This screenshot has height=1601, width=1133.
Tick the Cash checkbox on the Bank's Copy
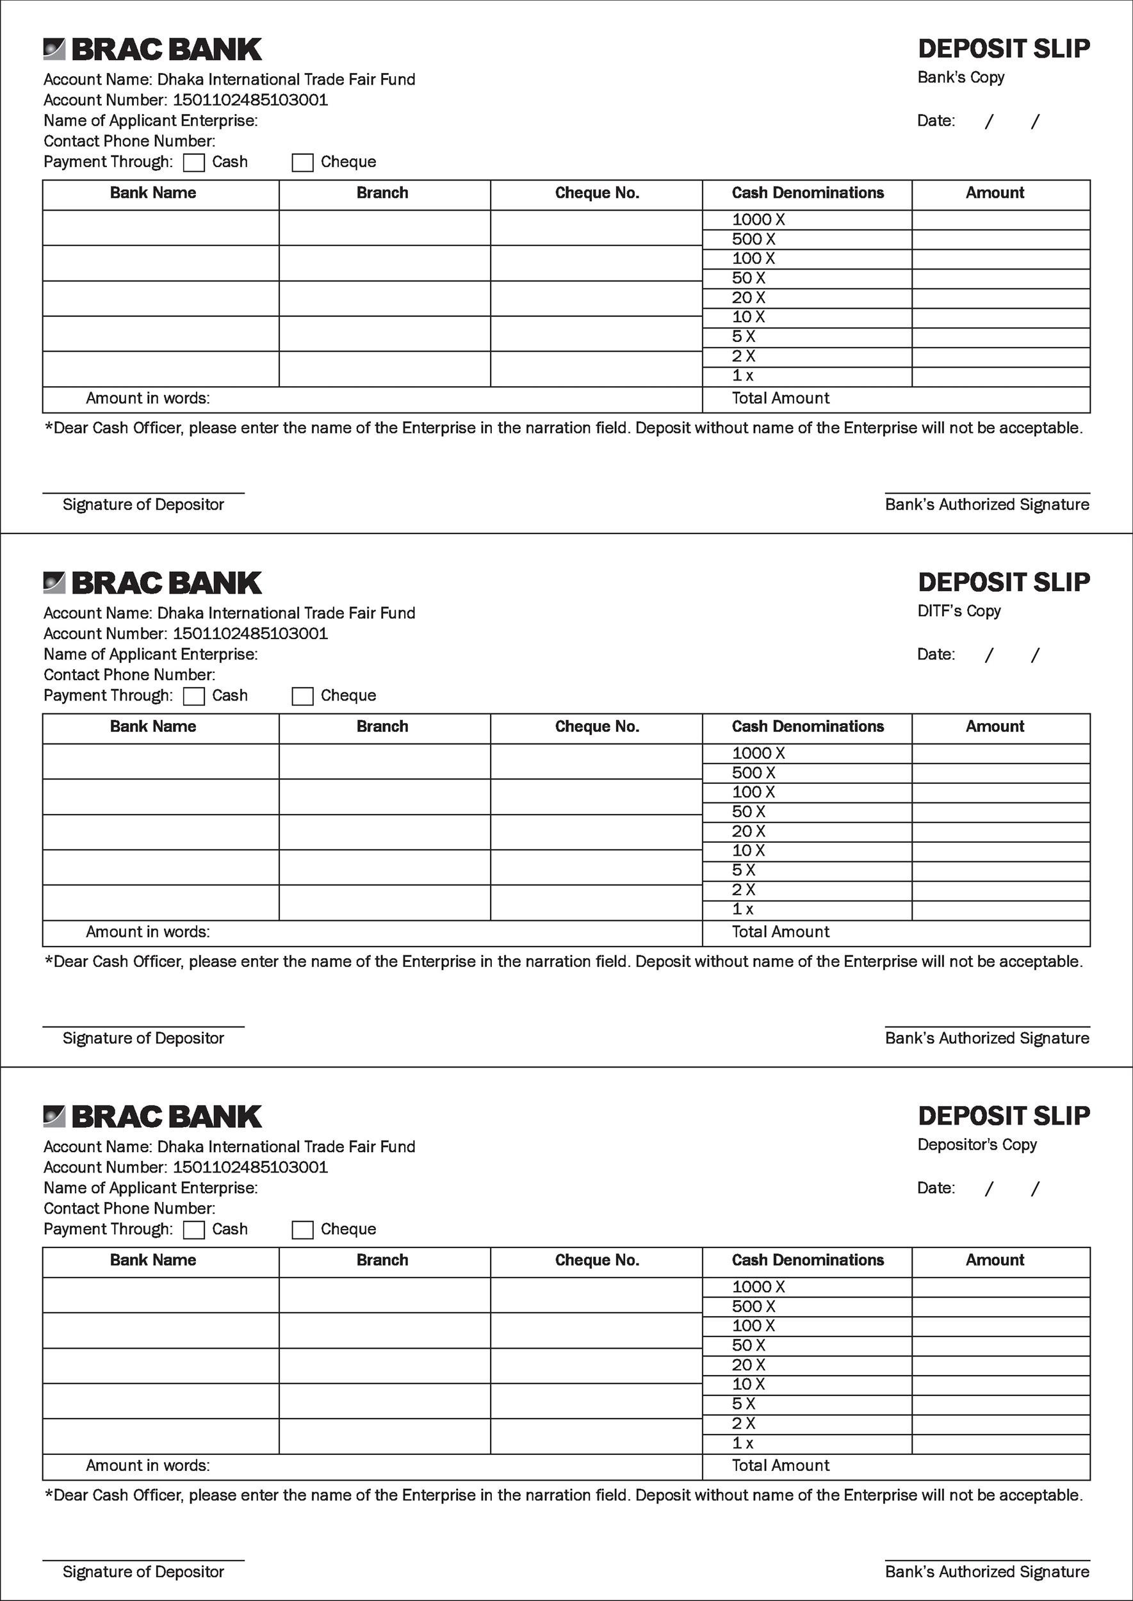(193, 163)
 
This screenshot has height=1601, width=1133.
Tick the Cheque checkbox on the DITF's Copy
(302, 696)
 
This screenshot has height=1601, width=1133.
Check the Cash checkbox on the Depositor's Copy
(193, 1230)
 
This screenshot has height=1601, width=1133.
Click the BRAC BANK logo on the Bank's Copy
(152, 49)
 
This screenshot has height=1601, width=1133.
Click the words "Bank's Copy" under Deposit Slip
(961, 77)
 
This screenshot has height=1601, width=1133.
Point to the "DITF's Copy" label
(959, 611)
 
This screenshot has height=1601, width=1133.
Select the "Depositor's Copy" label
(977, 1145)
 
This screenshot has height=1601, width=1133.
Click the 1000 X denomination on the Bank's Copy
(758, 220)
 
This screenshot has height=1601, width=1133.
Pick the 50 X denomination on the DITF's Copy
(749, 812)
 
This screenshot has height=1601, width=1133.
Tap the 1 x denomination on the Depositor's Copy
(742, 1443)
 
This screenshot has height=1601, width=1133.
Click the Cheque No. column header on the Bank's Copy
(596, 193)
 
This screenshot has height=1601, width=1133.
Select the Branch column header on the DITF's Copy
(382, 727)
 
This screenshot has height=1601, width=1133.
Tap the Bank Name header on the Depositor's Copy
(153, 1260)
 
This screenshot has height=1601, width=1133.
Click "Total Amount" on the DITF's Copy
(780, 932)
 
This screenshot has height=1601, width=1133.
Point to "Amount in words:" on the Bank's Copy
(147, 398)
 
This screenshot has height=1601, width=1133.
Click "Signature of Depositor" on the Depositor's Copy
(143, 1572)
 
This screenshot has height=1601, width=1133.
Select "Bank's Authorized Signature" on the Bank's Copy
(986, 505)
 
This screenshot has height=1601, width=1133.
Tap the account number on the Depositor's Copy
(250, 1167)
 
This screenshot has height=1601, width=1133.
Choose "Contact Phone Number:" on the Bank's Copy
(129, 142)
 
